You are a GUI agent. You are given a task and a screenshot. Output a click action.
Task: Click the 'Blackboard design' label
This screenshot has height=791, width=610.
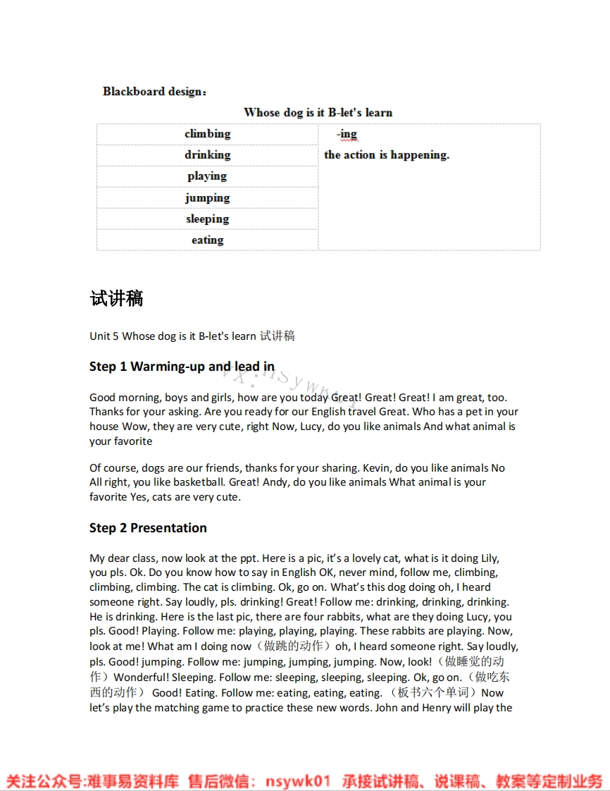(154, 92)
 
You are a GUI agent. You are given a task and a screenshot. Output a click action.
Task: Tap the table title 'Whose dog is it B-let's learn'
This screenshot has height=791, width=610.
(318, 113)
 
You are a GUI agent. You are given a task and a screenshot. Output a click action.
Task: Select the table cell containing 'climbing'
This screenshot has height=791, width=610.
(208, 134)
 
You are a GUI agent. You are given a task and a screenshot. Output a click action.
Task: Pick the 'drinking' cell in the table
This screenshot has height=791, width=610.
(208, 155)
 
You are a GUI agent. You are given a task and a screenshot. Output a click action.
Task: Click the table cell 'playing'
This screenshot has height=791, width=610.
(207, 176)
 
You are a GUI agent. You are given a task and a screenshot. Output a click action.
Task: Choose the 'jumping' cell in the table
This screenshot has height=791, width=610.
(208, 198)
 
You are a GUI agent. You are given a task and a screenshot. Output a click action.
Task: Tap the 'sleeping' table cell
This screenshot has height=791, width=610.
(208, 219)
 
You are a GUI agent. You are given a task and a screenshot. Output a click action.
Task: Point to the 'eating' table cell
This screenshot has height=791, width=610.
(208, 240)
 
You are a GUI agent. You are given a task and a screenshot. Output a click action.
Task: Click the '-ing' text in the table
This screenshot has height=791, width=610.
(347, 134)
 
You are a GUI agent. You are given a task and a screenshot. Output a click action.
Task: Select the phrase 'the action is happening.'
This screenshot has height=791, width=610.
(387, 155)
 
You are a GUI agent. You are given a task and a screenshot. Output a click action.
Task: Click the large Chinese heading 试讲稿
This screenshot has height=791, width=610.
(117, 299)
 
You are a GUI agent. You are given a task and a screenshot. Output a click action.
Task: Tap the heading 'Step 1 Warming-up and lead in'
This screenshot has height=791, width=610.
(182, 367)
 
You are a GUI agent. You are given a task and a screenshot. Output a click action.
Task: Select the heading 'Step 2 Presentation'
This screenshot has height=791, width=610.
(148, 528)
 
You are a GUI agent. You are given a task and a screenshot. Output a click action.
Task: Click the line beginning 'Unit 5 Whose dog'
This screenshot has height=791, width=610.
(192, 336)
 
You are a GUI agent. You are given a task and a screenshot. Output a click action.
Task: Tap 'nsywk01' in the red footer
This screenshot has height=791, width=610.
(298, 781)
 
